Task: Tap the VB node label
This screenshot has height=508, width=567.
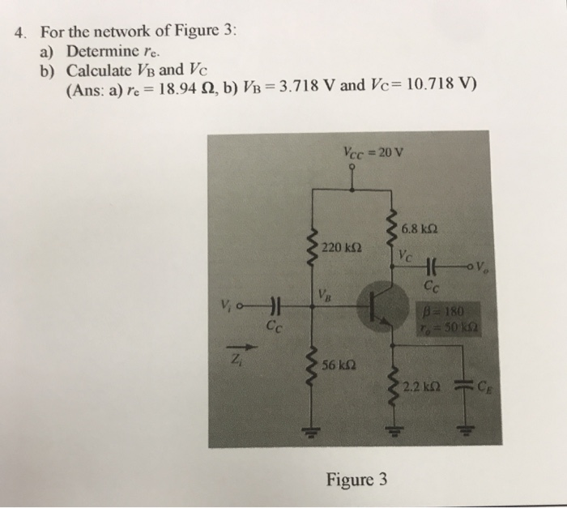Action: [x=324, y=292]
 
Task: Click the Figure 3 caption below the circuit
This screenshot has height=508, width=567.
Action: [x=356, y=479]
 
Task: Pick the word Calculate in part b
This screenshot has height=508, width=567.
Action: [x=102, y=70]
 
